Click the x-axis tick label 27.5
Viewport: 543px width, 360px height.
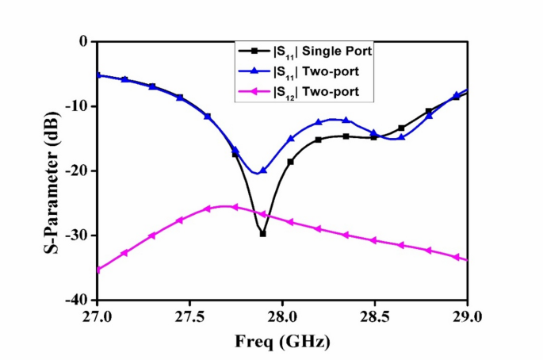[189, 316]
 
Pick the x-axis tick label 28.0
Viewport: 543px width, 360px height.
[282, 316]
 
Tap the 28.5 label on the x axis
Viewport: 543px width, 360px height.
[375, 316]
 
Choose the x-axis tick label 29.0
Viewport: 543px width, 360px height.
[467, 316]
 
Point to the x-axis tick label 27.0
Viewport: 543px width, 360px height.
[98, 316]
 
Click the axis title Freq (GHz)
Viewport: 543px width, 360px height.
[281, 342]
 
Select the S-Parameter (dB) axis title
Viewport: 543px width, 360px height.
[49, 170]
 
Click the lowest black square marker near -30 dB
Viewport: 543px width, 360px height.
[263, 234]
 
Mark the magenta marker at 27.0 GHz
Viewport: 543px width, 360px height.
[98, 270]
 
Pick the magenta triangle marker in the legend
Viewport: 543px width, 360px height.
[253, 92]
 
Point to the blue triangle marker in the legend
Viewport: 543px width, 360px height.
[253, 71]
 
